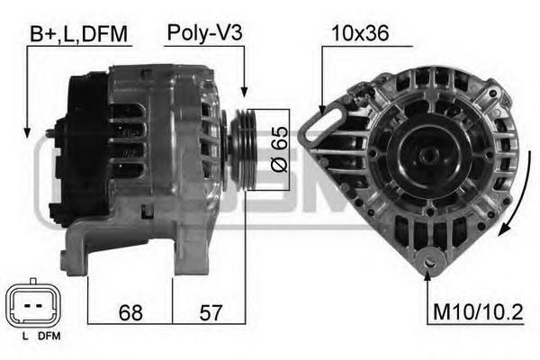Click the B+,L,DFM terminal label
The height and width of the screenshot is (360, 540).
78,34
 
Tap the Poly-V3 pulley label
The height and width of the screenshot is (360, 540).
204,33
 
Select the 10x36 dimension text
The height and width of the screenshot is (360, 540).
360,33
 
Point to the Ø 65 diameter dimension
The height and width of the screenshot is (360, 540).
280,149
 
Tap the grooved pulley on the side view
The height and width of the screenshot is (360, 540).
244,149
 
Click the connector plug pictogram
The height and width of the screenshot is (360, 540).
33,305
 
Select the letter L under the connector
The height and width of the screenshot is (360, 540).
25,337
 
